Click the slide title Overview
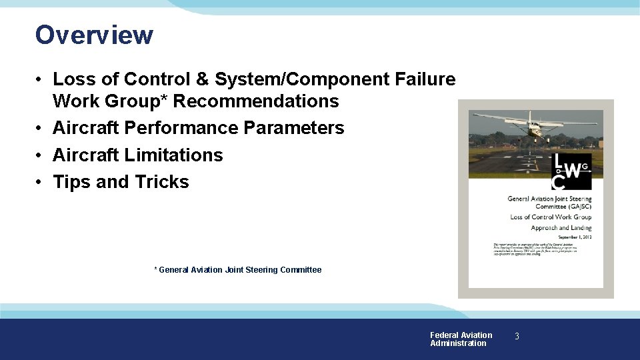point(94,35)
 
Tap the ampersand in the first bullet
point(202,79)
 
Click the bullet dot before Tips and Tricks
point(41,183)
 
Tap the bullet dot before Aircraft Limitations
point(41,155)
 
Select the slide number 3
point(516,337)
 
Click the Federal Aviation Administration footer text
point(461,339)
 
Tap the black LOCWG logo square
point(571,172)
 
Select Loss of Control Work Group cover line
point(551,217)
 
